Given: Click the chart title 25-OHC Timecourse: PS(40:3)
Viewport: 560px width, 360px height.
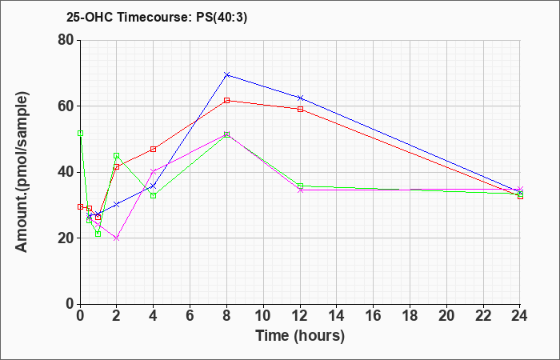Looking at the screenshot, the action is coord(157,18).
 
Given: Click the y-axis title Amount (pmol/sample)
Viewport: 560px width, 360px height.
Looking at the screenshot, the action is coord(22,172).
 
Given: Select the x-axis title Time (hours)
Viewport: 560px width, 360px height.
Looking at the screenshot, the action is coord(300,336).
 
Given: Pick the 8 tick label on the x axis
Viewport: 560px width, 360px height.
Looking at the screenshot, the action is coord(226,316).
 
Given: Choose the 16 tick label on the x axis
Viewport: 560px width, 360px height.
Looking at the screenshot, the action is coord(374,316).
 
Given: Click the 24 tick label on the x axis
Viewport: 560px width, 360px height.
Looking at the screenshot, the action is coord(520,316).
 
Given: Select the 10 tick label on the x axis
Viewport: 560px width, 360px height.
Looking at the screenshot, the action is coord(263,316).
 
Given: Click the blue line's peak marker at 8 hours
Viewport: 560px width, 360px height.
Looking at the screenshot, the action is coord(226,74).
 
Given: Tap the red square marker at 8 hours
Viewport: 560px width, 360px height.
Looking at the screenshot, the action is coord(226,100).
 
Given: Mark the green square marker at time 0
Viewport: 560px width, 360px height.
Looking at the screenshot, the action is coord(80,134).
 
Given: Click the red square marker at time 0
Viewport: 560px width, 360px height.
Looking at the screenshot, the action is coord(80,206).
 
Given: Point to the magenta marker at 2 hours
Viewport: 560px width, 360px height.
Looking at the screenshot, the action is coord(117,238).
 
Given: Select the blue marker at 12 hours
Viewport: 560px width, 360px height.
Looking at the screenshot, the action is coord(300,98).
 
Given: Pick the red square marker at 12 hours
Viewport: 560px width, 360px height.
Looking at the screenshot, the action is coord(300,110).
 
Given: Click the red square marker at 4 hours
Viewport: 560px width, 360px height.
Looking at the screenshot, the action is coord(154,149).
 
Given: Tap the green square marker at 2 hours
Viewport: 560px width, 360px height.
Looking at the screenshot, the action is coord(117,155).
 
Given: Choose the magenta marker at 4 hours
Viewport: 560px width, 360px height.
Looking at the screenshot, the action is coord(154,171).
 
